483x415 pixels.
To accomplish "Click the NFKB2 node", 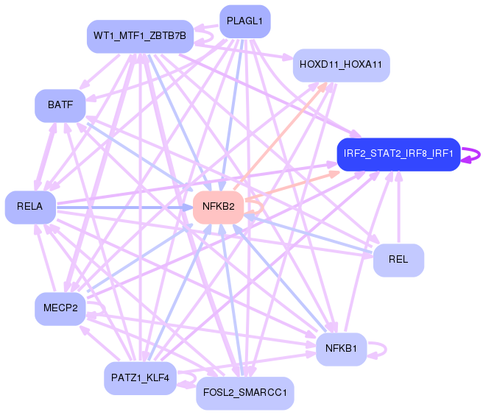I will click(x=218, y=207).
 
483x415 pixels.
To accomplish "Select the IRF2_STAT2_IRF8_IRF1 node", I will click(x=398, y=155).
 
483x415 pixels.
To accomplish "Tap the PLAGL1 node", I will click(x=244, y=21).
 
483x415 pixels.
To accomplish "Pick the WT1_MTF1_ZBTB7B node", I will click(x=140, y=35).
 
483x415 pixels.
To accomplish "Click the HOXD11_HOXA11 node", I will click(x=341, y=65).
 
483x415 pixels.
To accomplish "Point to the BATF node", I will click(x=60, y=105).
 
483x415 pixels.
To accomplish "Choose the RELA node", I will click(x=29, y=207).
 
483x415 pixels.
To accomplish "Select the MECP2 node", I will click(x=60, y=308).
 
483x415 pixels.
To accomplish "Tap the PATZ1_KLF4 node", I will click(x=140, y=377).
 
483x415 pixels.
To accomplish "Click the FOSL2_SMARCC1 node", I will click(x=245, y=394).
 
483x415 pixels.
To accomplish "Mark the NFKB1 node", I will click(x=341, y=349).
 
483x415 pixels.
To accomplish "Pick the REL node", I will click(x=398, y=260).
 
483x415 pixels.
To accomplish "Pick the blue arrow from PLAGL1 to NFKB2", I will click(x=231, y=110).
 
